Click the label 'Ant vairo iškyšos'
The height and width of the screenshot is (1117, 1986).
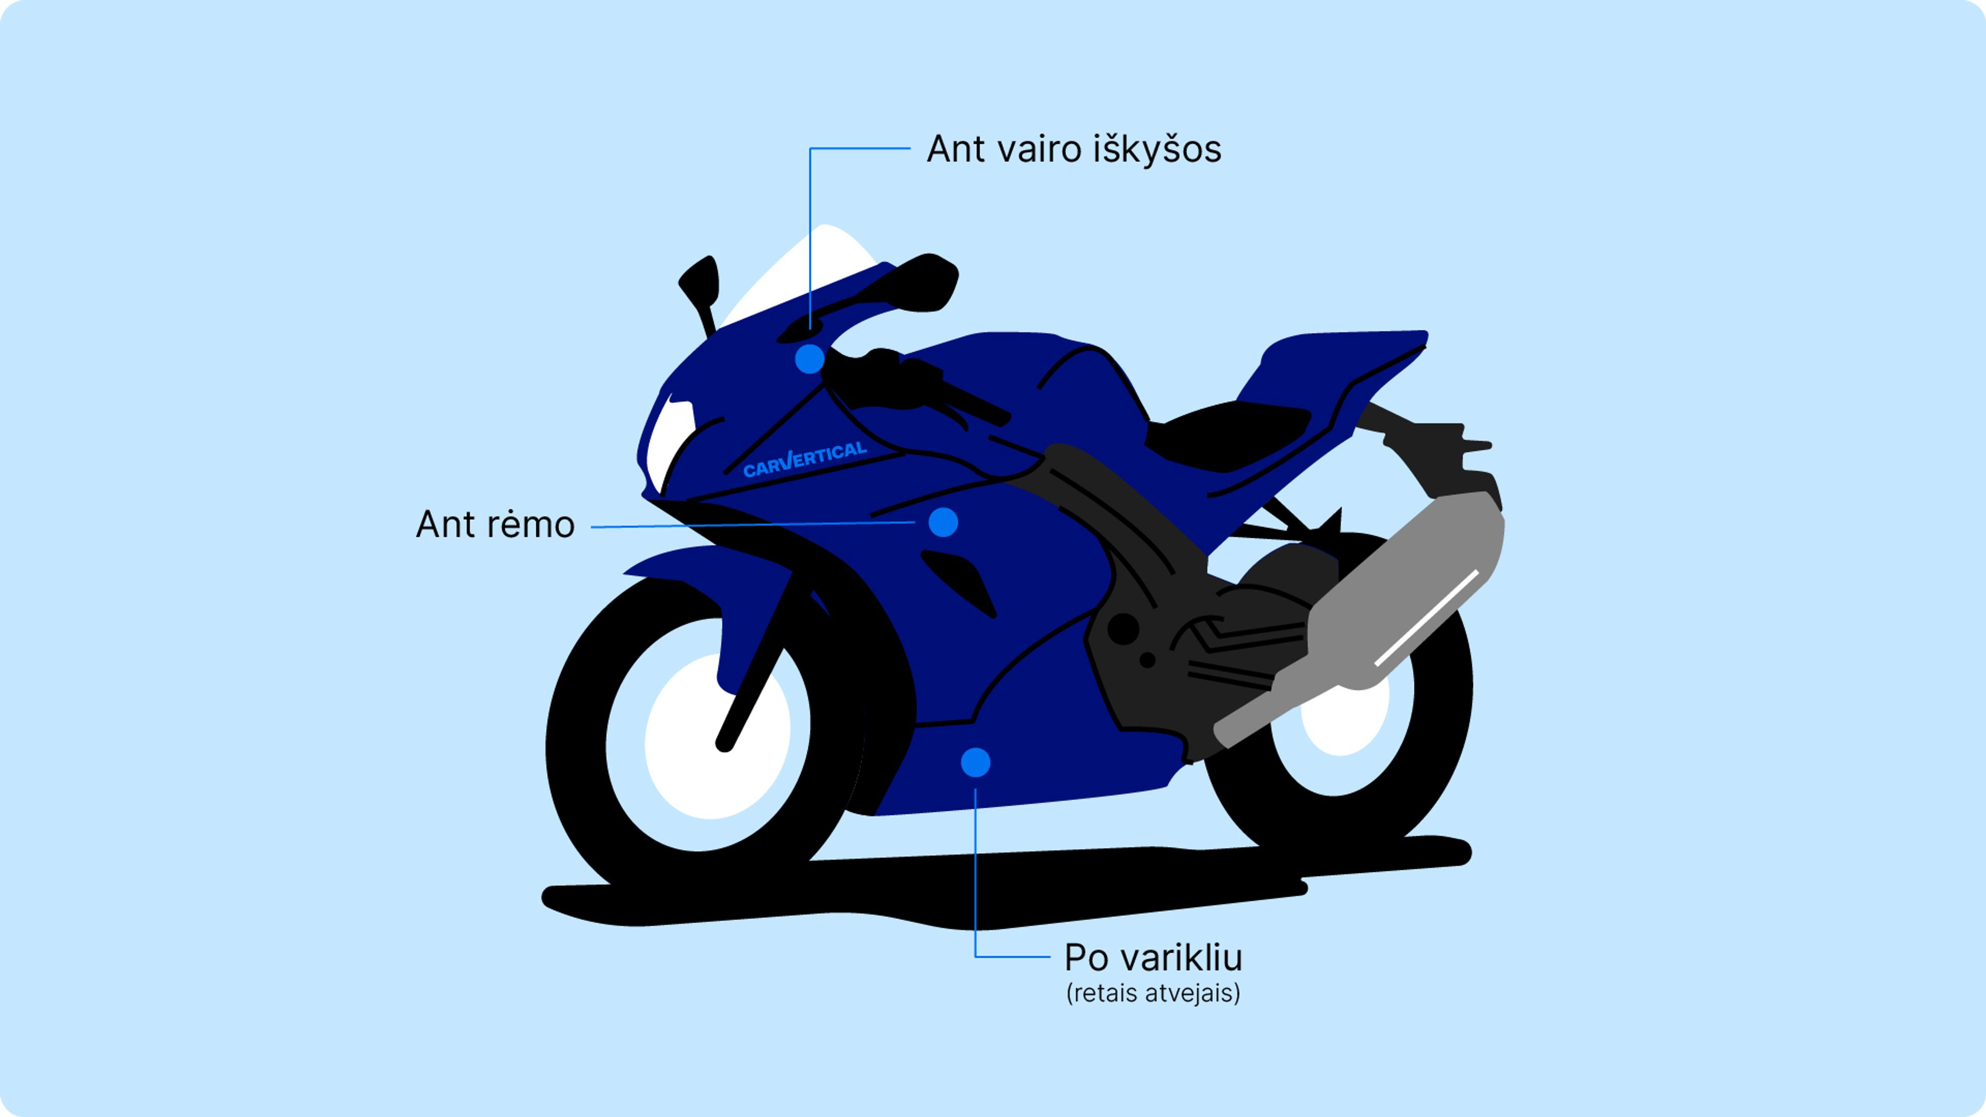tap(1073, 149)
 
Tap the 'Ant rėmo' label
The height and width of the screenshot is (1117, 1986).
tap(495, 525)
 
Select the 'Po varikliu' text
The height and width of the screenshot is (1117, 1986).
tap(1153, 958)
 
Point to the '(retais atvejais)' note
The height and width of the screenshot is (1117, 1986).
tap(1153, 993)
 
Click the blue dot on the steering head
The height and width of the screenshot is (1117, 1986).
tap(809, 359)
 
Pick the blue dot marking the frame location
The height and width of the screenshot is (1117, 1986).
tap(942, 523)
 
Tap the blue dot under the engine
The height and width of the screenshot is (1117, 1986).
tap(975, 762)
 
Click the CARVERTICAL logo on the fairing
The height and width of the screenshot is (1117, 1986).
tap(804, 459)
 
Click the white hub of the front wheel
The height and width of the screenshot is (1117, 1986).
tap(713, 736)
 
